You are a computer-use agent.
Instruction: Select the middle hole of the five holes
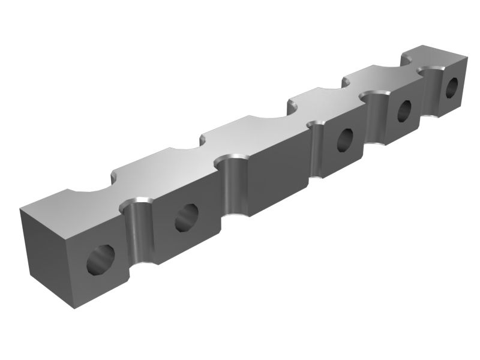(x=346, y=140)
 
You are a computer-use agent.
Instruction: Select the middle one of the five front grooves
(x=317, y=150)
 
